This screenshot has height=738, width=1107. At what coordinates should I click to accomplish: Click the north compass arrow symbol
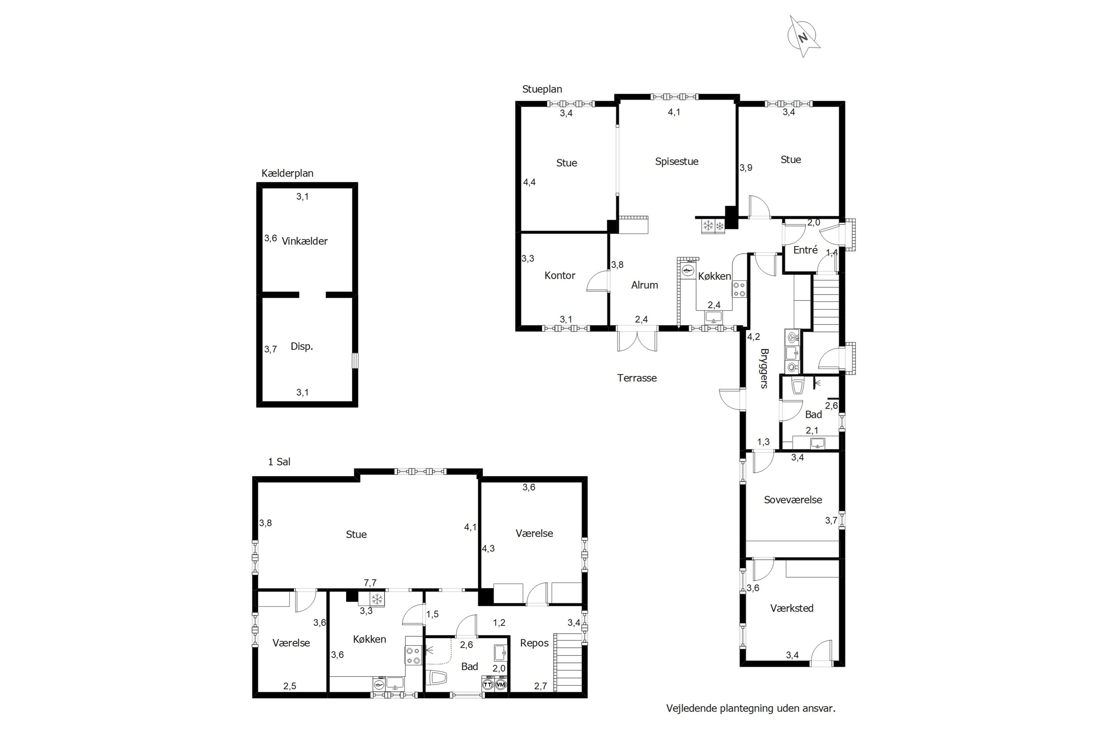point(804,36)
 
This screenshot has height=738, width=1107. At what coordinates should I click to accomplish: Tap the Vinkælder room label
point(304,241)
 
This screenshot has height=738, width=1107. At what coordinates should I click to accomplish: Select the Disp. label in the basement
point(302,346)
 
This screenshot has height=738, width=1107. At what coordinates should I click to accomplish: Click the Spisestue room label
point(676,162)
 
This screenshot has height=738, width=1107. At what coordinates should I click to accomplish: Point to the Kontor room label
point(560,275)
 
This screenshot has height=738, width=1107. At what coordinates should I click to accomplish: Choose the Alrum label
point(644,285)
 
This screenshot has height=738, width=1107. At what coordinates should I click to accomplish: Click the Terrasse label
point(637,378)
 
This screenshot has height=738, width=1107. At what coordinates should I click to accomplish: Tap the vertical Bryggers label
point(764,368)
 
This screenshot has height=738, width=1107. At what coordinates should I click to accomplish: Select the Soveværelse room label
point(793,500)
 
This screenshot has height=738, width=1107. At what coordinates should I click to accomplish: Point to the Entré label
point(805,250)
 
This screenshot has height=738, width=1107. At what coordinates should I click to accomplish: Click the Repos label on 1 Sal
point(534,643)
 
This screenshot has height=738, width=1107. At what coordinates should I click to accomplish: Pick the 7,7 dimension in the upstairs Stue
point(370,583)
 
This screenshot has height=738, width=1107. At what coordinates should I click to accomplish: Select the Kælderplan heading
point(287,173)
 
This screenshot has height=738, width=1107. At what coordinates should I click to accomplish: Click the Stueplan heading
point(542,89)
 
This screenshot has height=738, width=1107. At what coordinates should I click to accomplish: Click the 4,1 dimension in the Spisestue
point(674,112)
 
